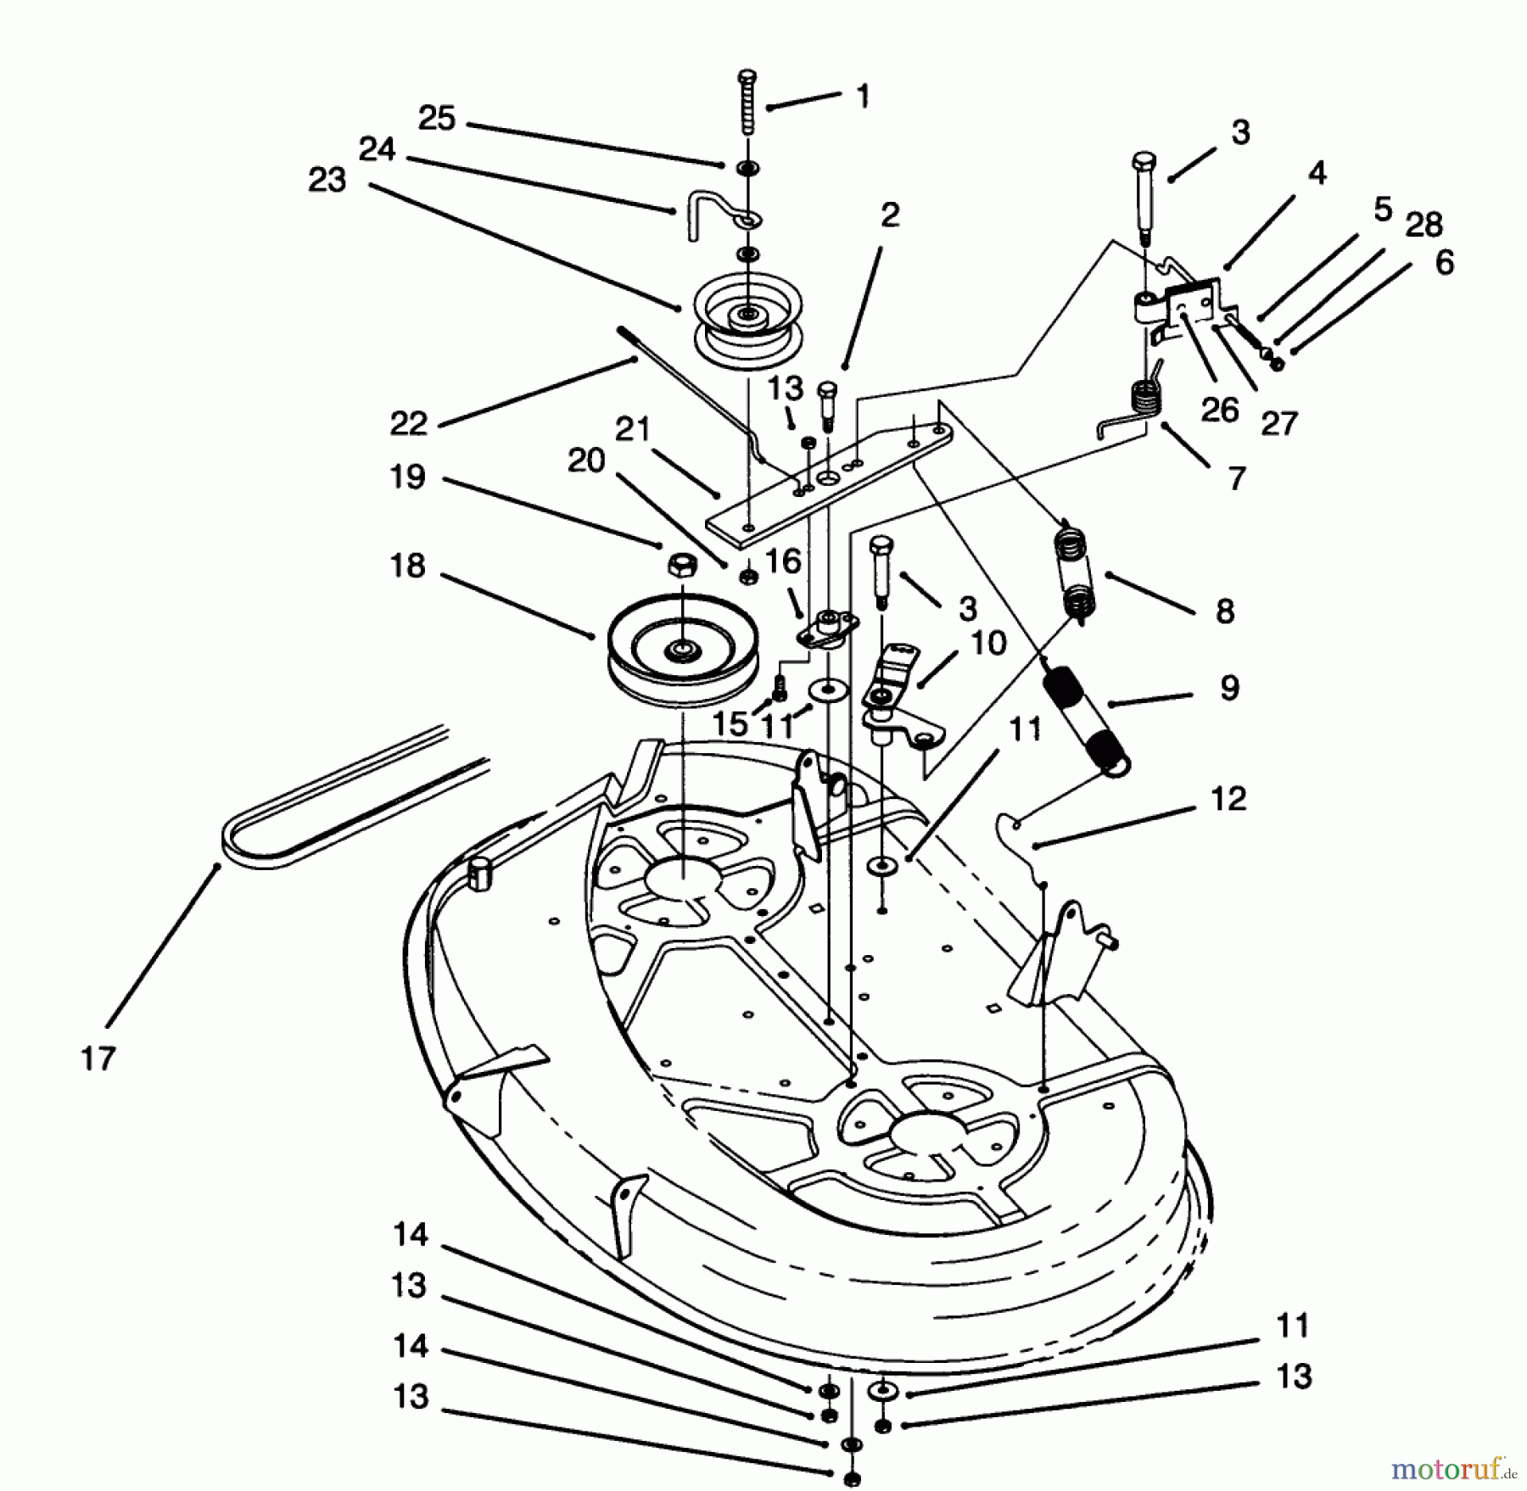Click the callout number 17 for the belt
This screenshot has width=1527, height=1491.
[98, 1059]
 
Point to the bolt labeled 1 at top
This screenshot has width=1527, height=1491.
[747, 102]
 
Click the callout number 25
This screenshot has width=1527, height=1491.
[437, 118]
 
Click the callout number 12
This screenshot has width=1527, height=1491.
[1228, 799]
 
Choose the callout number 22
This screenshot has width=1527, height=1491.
[408, 422]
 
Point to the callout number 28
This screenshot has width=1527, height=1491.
[1424, 225]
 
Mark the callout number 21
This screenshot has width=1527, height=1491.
[632, 430]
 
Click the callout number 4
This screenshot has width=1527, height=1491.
[1316, 173]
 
